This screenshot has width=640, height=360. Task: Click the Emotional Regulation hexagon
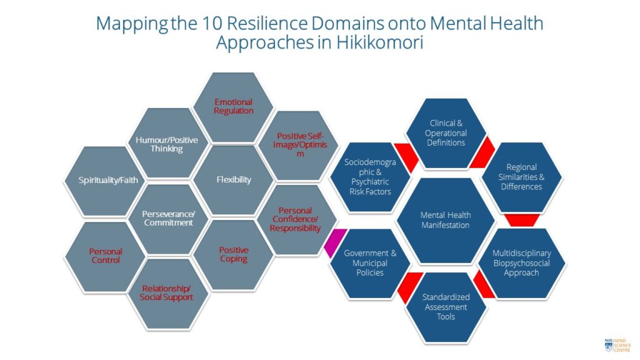(x=233, y=107)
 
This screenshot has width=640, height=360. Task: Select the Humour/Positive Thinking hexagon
(x=167, y=144)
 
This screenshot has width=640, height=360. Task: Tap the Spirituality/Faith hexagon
(x=104, y=181)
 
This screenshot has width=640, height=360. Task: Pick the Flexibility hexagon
(x=233, y=180)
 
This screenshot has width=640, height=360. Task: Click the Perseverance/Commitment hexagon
(x=167, y=218)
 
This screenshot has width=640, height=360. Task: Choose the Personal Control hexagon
(x=105, y=256)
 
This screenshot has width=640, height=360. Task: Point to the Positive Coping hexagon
(x=233, y=254)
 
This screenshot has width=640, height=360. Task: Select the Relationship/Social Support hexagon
(x=166, y=292)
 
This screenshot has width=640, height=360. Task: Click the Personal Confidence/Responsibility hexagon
(x=296, y=219)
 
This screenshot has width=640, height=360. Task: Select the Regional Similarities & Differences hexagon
(x=524, y=177)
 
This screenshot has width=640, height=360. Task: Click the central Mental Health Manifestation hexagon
(x=446, y=220)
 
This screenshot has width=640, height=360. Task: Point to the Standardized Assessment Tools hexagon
(x=446, y=307)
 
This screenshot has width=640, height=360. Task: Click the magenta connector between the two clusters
(x=332, y=243)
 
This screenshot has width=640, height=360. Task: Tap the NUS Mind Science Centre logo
(x=617, y=344)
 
